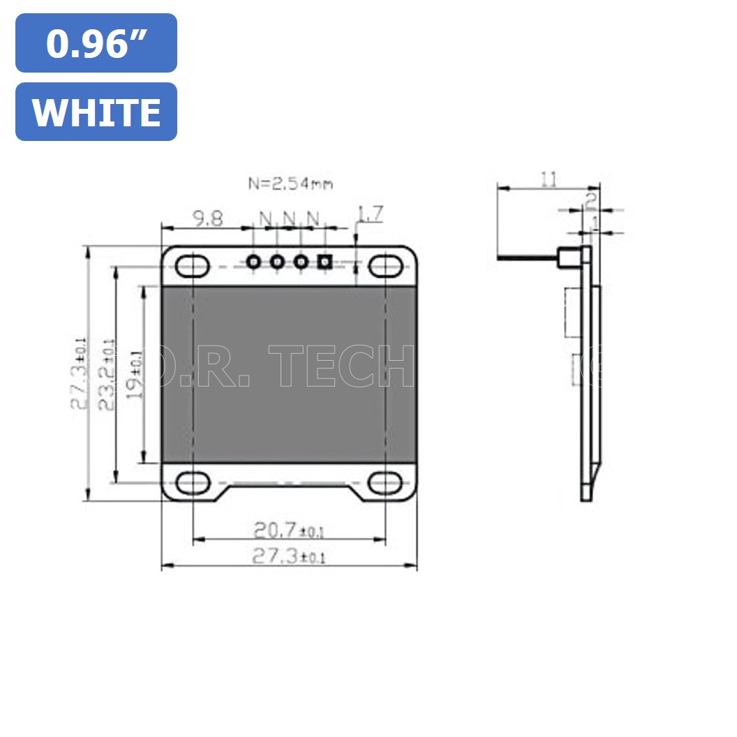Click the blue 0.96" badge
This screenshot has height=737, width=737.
[x=96, y=43]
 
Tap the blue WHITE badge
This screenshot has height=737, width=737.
[x=96, y=112]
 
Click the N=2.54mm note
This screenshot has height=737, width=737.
[x=290, y=184]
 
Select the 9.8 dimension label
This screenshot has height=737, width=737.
[x=208, y=219]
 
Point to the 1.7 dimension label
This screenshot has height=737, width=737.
[x=369, y=214]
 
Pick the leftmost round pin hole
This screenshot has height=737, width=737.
[x=254, y=262]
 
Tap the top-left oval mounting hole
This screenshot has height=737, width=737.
[x=192, y=266]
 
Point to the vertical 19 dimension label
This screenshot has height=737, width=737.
[x=137, y=374]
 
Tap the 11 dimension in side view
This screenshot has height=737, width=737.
[x=549, y=180]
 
